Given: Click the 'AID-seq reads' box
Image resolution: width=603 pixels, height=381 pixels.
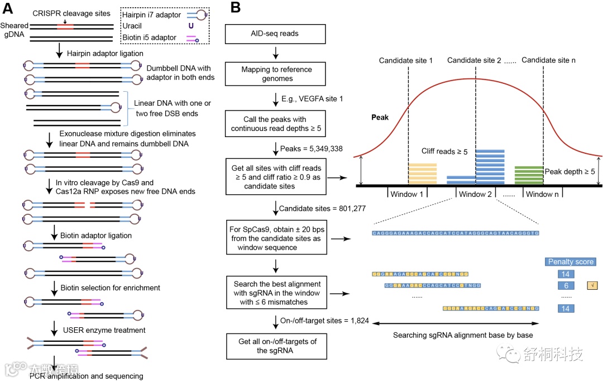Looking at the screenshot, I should (x=275, y=34).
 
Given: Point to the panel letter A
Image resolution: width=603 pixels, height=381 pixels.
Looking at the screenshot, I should (x=9, y=8).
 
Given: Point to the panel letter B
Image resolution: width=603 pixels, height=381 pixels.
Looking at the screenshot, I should (x=236, y=8).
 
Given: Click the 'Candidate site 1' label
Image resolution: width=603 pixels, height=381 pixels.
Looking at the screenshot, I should (x=406, y=60).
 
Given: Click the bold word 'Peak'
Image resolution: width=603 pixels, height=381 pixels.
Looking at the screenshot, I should (x=380, y=118).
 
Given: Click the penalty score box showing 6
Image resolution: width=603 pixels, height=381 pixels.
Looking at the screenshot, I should (x=566, y=285).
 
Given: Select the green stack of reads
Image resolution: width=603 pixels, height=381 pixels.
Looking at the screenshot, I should (x=528, y=175).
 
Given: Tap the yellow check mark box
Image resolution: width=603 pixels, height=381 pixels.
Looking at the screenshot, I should (x=592, y=285).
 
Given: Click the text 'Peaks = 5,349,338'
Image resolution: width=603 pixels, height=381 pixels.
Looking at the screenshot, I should (x=315, y=149).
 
